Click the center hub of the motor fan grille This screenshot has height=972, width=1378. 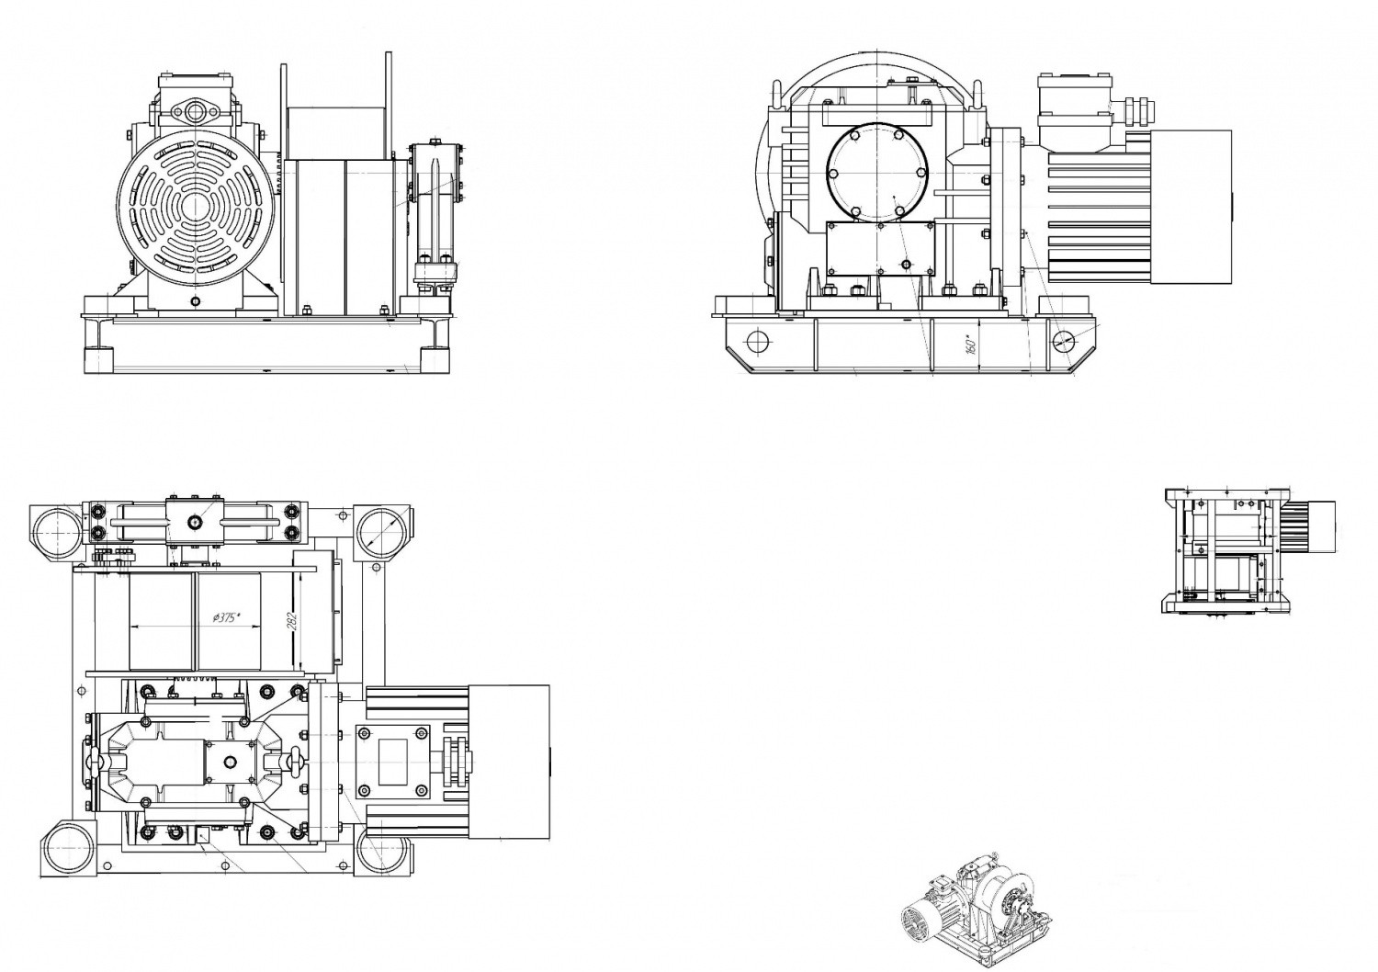click(x=195, y=204)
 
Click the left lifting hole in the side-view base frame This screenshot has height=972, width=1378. click(x=759, y=341)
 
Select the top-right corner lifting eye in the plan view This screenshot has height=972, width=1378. click(x=378, y=530)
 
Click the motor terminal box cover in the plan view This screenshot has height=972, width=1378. click(x=393, y=762)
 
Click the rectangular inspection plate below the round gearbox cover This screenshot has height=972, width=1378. click(x=880, y=248)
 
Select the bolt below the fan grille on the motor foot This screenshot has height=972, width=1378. click(x=195, y=300)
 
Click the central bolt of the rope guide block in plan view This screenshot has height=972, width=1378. click(x=196, y=522)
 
